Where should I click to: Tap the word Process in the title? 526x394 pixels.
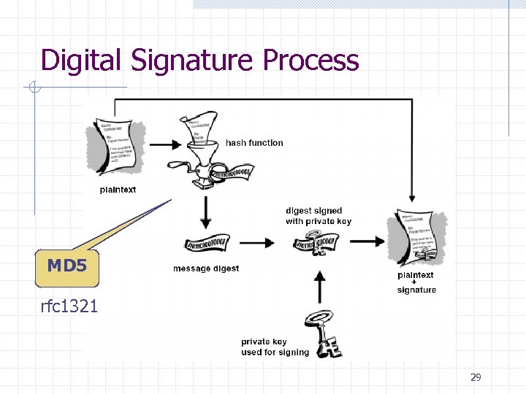point(310,60)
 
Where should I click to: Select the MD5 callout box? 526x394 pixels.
point(66,267)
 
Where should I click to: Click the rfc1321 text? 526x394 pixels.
point(69,306)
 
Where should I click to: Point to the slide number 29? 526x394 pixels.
point(476,377)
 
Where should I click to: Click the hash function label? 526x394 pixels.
point(254,143)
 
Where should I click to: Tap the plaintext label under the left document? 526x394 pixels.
point(118,190)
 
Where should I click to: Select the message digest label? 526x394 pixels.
point(206,269)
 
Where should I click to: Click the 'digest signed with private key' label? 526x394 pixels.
point(319,216)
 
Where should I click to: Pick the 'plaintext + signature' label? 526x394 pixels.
point(416,282)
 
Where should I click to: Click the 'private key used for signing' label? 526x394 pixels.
point(275,347)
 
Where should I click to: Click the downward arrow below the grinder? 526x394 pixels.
point(206,212)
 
